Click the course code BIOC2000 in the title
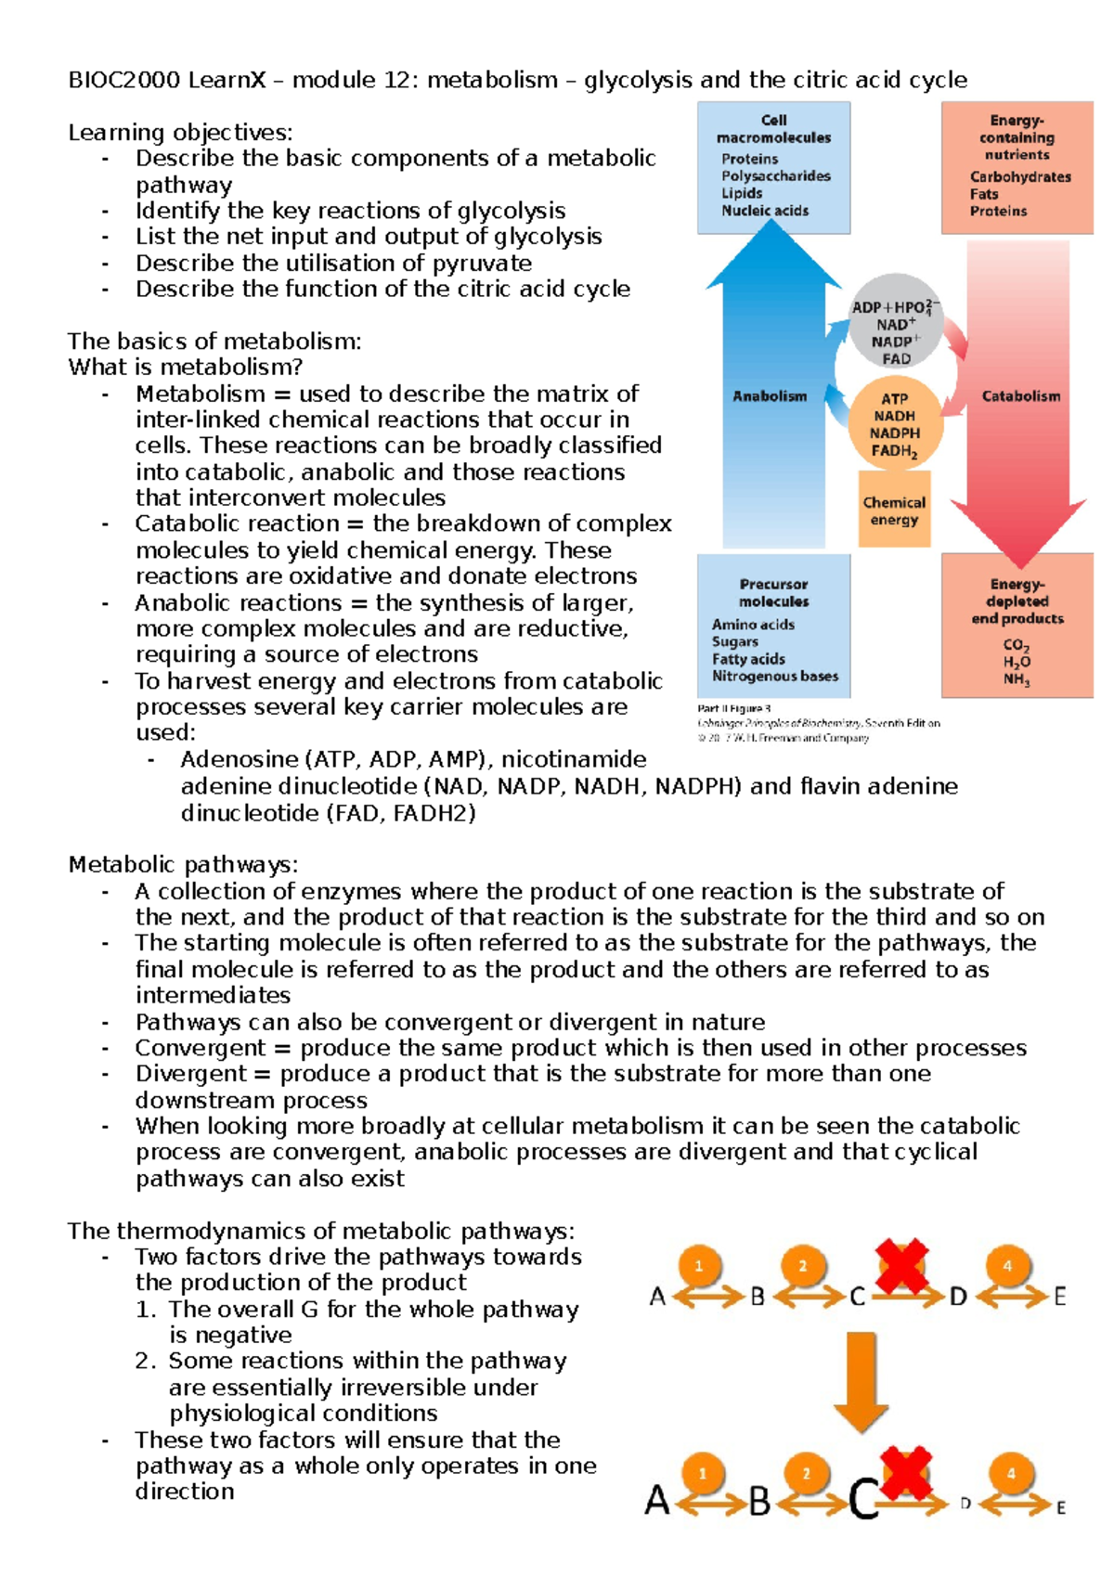click(123, 80)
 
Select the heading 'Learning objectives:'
click(180, 133)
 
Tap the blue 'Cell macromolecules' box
click(773, 167)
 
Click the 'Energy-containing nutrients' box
click(1017, 167)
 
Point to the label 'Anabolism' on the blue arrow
click(770, 396)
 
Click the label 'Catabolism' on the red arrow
click(1020, 396)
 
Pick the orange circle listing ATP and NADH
click(894, 424)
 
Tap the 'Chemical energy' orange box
click(894, 510)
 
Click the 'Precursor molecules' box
click(773, 627)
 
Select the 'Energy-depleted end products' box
click(1017, 627)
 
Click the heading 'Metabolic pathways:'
click(183, 865)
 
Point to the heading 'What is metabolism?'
click(185, 368)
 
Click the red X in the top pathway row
click(902, 1266)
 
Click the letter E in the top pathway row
click(1059, 1297)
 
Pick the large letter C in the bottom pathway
click(863, 1499)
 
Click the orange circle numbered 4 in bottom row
click(1011, 1473)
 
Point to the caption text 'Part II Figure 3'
click(733, 708)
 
